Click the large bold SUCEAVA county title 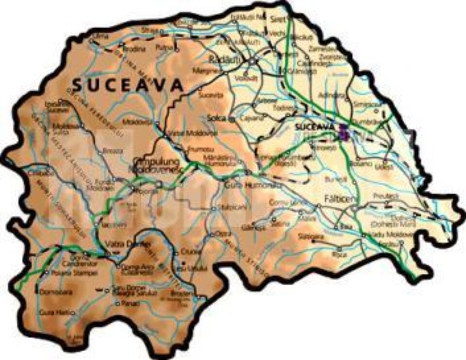[x=128, y=85]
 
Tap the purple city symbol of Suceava [x=344, y=132]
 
